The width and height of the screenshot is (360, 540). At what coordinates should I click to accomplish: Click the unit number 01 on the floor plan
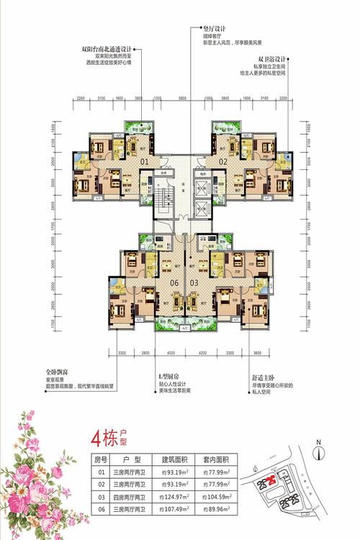tap(144, 163)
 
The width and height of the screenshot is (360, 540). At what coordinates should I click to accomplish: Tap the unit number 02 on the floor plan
tap(222, 163)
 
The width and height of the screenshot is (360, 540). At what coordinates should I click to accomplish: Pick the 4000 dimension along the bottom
tap(170, 354)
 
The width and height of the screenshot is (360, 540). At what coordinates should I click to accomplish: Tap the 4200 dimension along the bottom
tap(202, 354)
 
